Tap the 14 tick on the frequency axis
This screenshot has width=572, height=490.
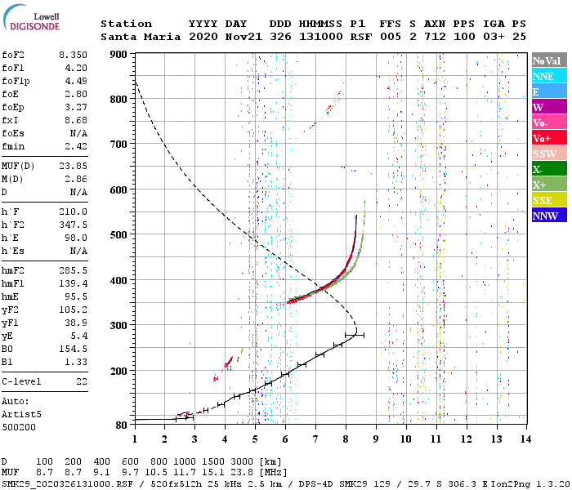tap(525, 439)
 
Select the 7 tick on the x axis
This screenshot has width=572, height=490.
tap(315, 439)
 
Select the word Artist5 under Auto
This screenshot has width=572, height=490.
tap(20, 414)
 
